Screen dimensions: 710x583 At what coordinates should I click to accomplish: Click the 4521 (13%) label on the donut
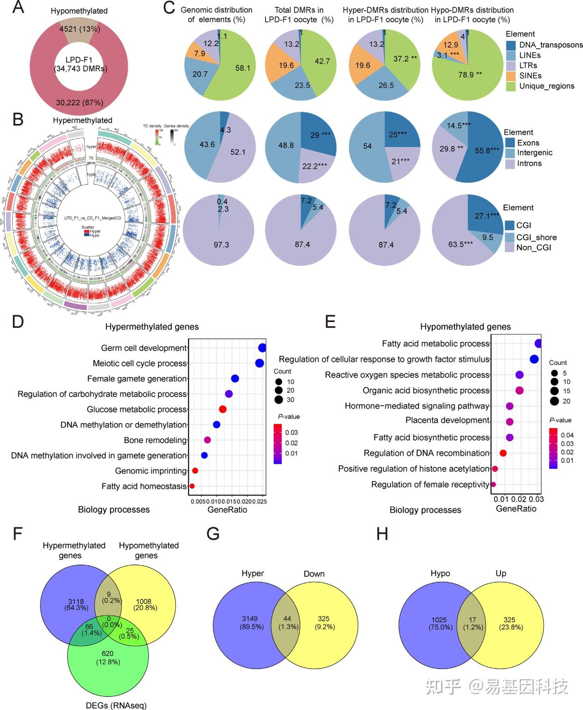[x=80, y=29]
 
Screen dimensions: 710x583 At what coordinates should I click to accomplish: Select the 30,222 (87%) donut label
[x=80, y=102]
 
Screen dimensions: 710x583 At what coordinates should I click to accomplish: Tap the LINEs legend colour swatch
[x=511, y=55]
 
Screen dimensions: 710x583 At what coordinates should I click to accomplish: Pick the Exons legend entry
[x=528, y=143]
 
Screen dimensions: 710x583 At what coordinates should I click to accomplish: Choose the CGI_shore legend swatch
[x=510, y=237]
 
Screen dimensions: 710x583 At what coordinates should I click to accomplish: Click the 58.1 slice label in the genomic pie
[x=242, y=68]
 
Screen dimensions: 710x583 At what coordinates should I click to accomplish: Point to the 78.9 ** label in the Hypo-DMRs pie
[x=470, y=74]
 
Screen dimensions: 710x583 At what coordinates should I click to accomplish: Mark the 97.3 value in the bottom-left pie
[x=221, y=245]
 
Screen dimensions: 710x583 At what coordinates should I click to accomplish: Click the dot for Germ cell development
[x=262, y=348]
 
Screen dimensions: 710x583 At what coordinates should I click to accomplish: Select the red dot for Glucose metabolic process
[x=223, y=409]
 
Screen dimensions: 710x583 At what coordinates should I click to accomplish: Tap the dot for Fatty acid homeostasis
[x=192, y=486]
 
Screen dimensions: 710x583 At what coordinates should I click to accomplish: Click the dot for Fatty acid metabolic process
[x=538, y=343]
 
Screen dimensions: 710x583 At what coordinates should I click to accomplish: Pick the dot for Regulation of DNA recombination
[x=503, y=453]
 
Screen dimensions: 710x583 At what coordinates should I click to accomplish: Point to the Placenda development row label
[x=447, y=420]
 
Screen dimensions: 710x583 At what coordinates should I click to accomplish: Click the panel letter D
[x=18, y=322]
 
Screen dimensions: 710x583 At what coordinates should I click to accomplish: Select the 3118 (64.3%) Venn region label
[x=75, y=604]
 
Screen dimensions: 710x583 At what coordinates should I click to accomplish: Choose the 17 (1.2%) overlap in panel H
[x=473, y=623]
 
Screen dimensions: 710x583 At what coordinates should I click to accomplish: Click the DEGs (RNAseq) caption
[x=116, y=705]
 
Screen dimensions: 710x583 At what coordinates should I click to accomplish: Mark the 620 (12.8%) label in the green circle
[x=108, y=658]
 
